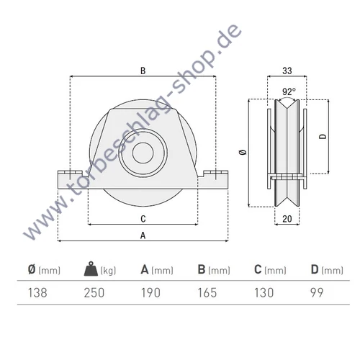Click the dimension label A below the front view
click(x=143, y=235)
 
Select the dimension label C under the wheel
click(x=143, y=218)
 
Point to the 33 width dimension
click(x=287, y=71)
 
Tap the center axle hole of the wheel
click(x=143, y=155)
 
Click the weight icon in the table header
click(x=91, y=270)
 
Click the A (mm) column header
click(x=158, y=271)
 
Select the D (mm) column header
click(x=328, y=271)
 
